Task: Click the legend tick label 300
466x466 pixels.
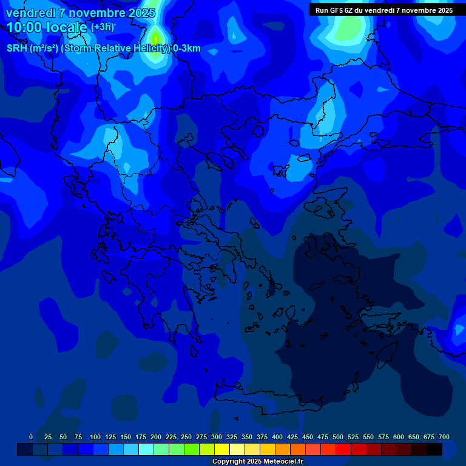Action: point(217,437)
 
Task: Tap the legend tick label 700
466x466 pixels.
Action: point(444,437)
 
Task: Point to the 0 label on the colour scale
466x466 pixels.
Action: point(31,437)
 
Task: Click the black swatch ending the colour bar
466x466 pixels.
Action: point(434,449)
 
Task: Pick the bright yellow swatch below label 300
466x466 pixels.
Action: point(222,449)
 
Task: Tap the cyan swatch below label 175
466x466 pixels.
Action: point(146,449)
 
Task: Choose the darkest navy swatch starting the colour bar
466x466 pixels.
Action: point(25,449)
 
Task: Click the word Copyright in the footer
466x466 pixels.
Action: point(228,462)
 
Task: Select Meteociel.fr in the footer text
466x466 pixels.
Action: point(283,462)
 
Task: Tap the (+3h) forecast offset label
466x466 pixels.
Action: point(102,27)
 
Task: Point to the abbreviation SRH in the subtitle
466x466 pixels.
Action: point(17,49)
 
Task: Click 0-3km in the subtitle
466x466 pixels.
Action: point(187,49)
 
